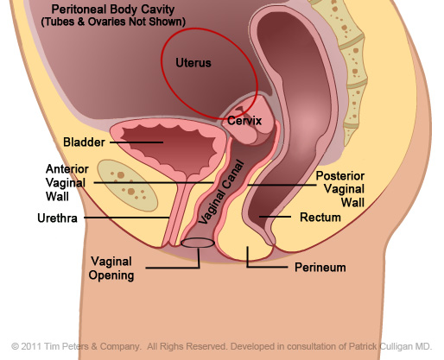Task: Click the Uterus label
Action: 193,63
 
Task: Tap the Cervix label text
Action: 244,121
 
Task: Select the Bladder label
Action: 84,142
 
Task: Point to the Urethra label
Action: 57,218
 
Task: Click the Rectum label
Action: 320,218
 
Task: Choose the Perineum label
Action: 320,268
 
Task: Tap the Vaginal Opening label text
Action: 111,268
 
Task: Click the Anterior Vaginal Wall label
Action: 67,183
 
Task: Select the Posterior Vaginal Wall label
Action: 340,189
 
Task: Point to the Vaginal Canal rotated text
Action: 222,193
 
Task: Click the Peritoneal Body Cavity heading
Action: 113,9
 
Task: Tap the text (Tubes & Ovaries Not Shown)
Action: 113,22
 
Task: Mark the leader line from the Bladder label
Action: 136,142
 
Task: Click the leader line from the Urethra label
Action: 126,218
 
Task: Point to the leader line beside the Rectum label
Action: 275,217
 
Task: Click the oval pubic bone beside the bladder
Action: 127,186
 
